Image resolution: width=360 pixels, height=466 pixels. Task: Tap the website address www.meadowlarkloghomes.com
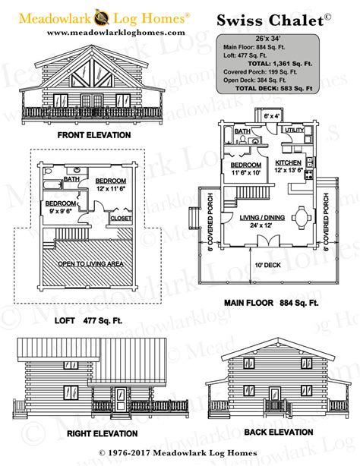pyautogui.click(x=115, y=32)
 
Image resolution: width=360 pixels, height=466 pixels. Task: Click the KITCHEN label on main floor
pyautogui.click(x=289, y=162)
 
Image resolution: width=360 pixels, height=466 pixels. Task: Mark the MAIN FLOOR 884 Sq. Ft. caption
pyautogui.click(x=272, y=303)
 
